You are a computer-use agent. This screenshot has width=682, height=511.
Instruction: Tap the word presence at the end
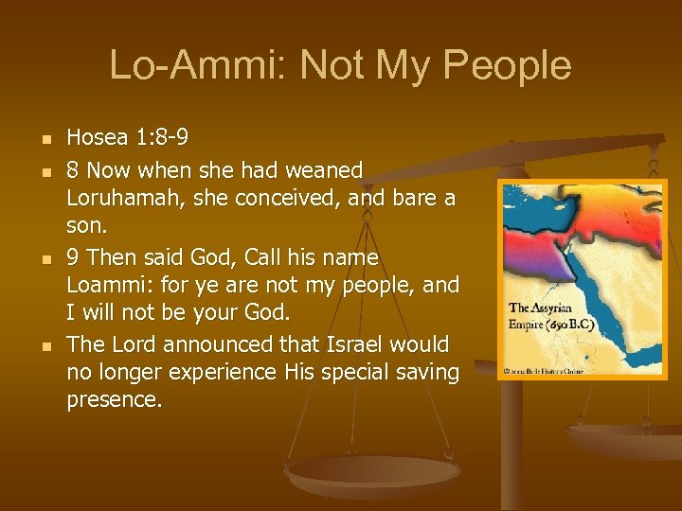tap(114, 400)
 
